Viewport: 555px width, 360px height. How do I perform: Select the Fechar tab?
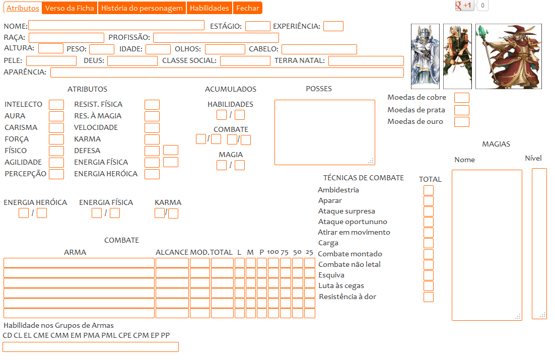(x=248, y=8)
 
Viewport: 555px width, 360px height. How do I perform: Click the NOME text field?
(x=116, y=26)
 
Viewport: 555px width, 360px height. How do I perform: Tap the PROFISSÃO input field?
(x=216, y=38)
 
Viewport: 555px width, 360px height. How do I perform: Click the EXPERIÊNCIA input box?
(x=333, y=26)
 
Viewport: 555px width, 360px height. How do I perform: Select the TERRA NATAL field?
(x=366, y=61)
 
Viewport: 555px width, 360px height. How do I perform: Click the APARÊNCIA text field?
(x=227, y=73)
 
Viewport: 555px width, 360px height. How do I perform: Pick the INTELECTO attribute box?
(x=56, y=105)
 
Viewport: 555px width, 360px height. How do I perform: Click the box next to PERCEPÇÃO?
(x=56, y=174)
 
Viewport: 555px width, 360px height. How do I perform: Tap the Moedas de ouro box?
(x=461, y=122)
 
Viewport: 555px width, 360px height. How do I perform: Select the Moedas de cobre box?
(x=461, y=98)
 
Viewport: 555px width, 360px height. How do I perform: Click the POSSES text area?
(x=324, y=132)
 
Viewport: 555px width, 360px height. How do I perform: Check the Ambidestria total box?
(x=428, y=190)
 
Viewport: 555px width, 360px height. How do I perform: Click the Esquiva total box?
(x=428, y=275)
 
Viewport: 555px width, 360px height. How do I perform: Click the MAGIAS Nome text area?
(x=487, y=245)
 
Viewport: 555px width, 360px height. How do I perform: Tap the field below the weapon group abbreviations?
(x=91, y=347)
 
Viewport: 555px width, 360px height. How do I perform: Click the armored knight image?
(x=426, y=56)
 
